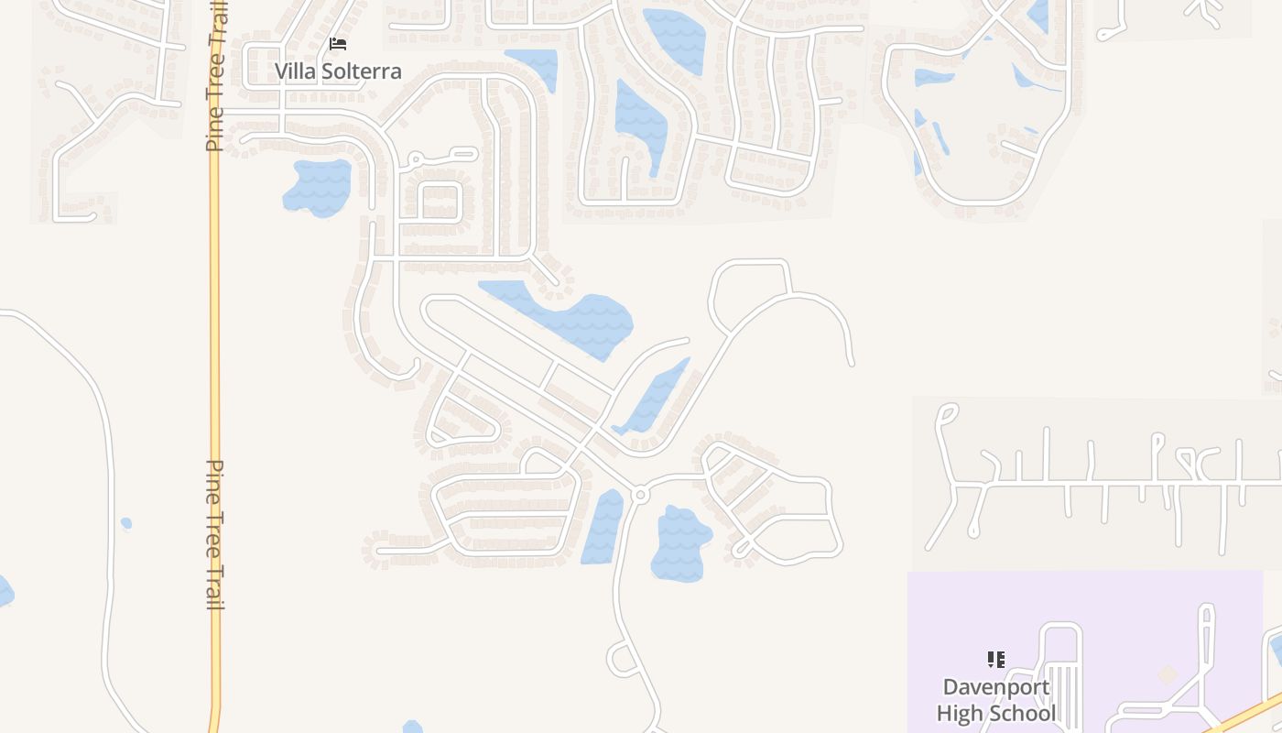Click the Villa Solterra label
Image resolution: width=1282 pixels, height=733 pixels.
click(338, 71)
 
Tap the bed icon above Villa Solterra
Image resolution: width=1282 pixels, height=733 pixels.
click(338, 43)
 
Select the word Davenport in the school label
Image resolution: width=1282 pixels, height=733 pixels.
click(996, 687)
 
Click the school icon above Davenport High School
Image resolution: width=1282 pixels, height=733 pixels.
click(996, 659)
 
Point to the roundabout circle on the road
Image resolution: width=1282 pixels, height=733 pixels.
click(640, 495)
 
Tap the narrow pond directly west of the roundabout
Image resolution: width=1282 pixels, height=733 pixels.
click(603, 527)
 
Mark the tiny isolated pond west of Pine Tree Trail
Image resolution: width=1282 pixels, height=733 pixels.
click(126, 523)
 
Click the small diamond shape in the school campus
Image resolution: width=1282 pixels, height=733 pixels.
click(1167, 675)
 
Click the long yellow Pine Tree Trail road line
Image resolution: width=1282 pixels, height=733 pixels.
click(215, 366)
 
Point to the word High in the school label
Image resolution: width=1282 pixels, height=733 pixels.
click(960, 713)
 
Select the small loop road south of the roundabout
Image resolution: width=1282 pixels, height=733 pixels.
click(623, 658)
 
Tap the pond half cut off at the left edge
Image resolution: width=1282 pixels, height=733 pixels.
click(5, 591)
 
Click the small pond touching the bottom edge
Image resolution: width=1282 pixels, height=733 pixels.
click(413, 728)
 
